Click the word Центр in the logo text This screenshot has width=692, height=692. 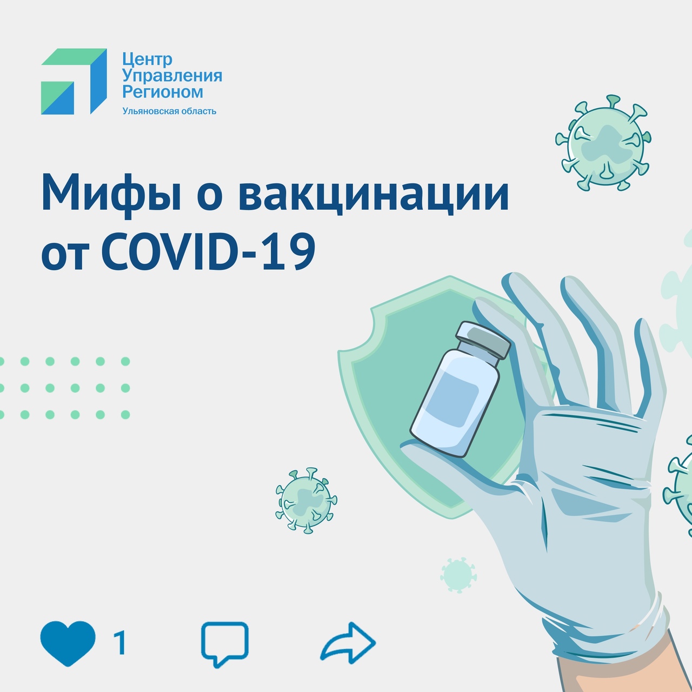coord(147,59)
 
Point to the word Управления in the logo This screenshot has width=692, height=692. coord(172,76)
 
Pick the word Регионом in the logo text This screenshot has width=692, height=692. coord(163,92)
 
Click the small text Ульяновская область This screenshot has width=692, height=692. coord(169,111)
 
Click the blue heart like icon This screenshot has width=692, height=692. coord(68,644)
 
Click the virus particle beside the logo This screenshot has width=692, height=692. coord(603,143)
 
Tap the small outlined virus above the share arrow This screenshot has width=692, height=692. coord(307,501)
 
